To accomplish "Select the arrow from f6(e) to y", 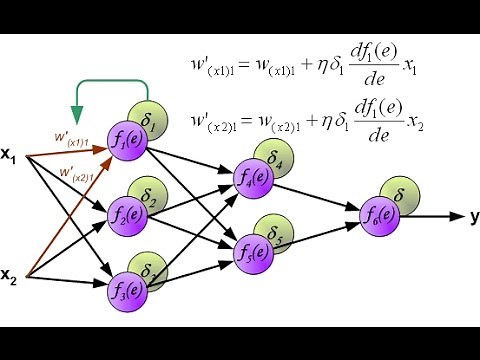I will pos(430,215).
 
